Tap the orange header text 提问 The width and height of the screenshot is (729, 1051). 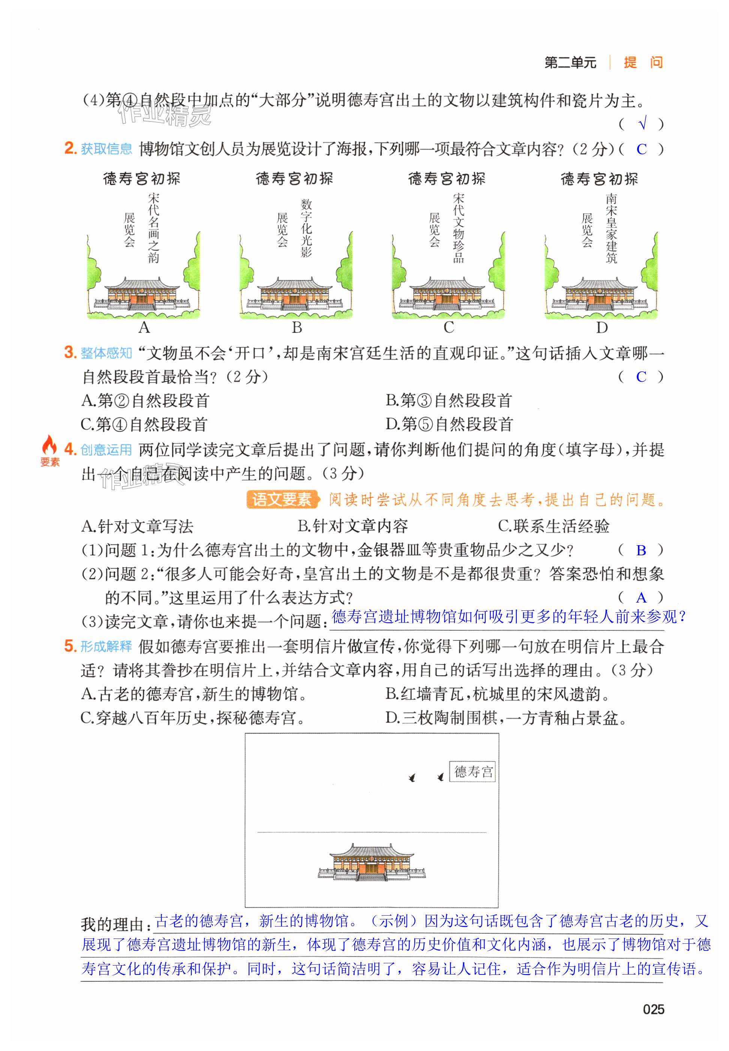tap(643, 62)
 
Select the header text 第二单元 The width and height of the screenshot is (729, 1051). tap(570, 63)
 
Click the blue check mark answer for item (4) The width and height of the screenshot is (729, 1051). tap(642, 123)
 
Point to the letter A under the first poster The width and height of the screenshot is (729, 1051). tap(144, 327)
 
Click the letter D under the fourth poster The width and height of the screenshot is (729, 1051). tap(601, 327)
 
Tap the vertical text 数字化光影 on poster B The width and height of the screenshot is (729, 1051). tap(306, 228)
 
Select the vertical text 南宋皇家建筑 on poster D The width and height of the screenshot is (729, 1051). tap(611, 228)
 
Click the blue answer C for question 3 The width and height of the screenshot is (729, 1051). tap(641, 376)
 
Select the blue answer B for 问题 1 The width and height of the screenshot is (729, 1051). tap(641, 550)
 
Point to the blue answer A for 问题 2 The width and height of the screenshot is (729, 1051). tap(641, 597)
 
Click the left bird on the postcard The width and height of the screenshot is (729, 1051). tap(412, 777)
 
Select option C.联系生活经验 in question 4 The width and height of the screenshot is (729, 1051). tap(553, 526)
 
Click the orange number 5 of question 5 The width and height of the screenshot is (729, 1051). tap(70, 645)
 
